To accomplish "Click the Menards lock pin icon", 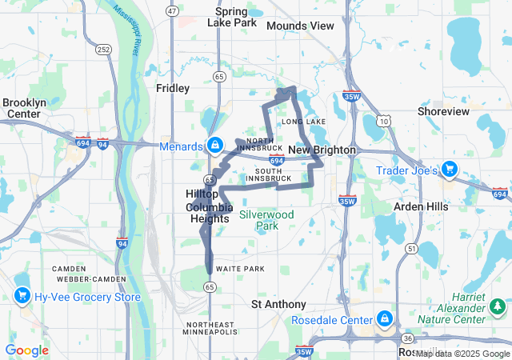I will (x=214, y=145).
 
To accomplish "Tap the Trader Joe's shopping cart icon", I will (x=450, y=169).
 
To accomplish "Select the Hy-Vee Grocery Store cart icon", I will (x=22, y=296).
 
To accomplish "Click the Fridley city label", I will (x=173, y=88).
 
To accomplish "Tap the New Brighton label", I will (x=314, y=150).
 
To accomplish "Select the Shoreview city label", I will (x=443, y=111).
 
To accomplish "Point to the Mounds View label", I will (x=300, y=26).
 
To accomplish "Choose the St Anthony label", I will (x=278, y=304).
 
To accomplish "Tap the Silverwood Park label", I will (x=266, y=220).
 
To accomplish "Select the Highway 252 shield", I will (x=102, y=49).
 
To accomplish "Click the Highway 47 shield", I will (x=172, y=10).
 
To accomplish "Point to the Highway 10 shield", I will (x=385, y=121).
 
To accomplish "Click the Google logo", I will (x=26, y=350).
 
